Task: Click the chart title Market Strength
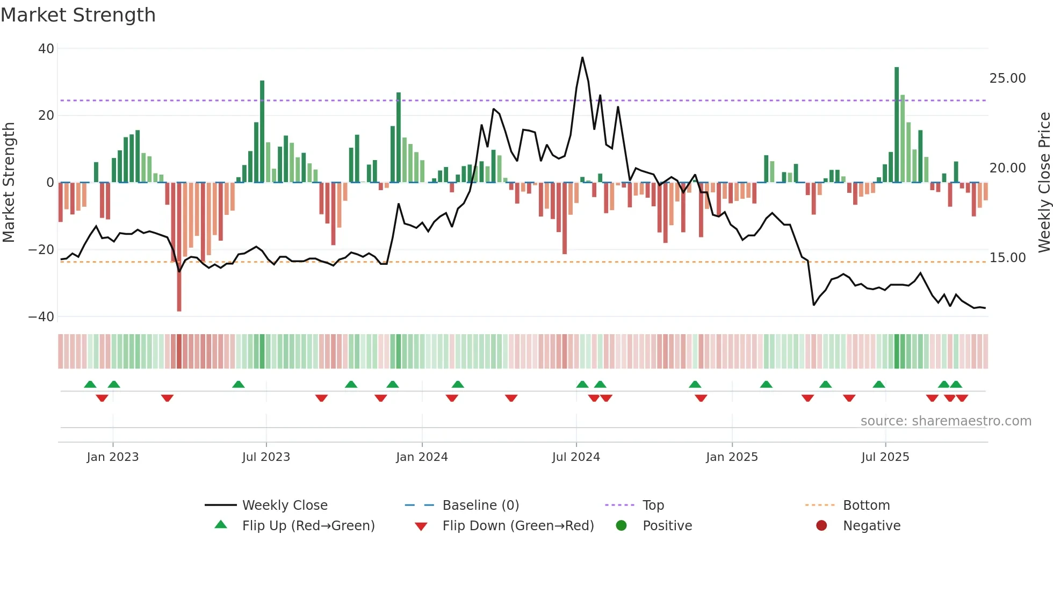point(78,15)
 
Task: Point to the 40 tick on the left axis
point(46,49)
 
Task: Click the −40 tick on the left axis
point(41,317)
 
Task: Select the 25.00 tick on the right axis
point(1007,78)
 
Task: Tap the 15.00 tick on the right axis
point(1007,258)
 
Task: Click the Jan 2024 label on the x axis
point(422,457)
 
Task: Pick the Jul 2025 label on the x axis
point(885,457)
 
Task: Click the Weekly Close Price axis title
point(1044,183)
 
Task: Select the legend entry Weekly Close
point(285,506)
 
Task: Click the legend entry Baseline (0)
point(480,506)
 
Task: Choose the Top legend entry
point(653,506)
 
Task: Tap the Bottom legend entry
point(866,506)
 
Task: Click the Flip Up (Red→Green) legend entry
point(308,526)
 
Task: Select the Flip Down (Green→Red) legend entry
point(518,526)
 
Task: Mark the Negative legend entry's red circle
point(821,525)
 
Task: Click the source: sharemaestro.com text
point(946,421)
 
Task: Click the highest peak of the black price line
point(582,57)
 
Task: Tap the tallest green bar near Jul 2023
point(262,132)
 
